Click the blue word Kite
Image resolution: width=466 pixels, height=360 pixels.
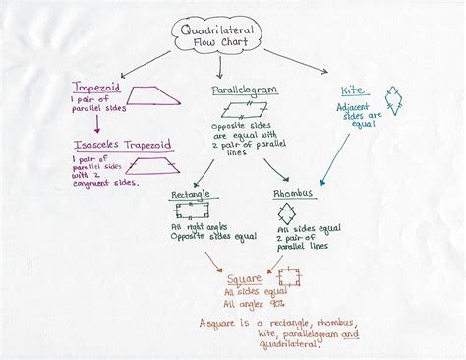(x=351, y=90)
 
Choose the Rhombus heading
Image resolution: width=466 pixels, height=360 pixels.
(x=293, y=194)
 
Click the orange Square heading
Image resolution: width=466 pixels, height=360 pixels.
(x=247, y=266)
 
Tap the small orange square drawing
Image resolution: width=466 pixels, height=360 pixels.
(x=288, y=278)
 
